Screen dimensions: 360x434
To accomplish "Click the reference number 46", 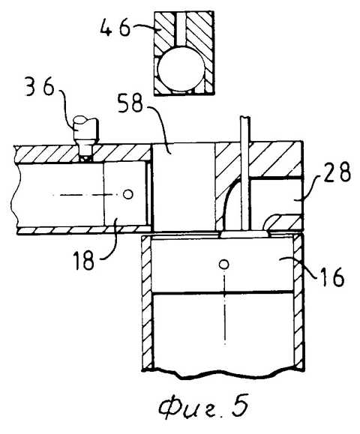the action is click(115, 27).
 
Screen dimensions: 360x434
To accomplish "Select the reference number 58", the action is click(130, 103).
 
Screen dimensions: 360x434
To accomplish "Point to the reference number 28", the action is click(337, 172).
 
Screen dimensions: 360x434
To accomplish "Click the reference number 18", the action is click(83, 260).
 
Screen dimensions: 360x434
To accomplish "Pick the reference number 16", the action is click(334, 277).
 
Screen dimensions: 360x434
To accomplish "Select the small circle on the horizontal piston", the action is click(127, 194).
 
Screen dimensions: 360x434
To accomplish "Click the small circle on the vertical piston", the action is click(223, 264).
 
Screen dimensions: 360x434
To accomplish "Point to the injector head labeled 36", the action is click(85, 128).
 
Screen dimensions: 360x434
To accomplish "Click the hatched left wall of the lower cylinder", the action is click(147, 302).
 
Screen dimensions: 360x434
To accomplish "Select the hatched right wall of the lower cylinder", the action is click(298, 301).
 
